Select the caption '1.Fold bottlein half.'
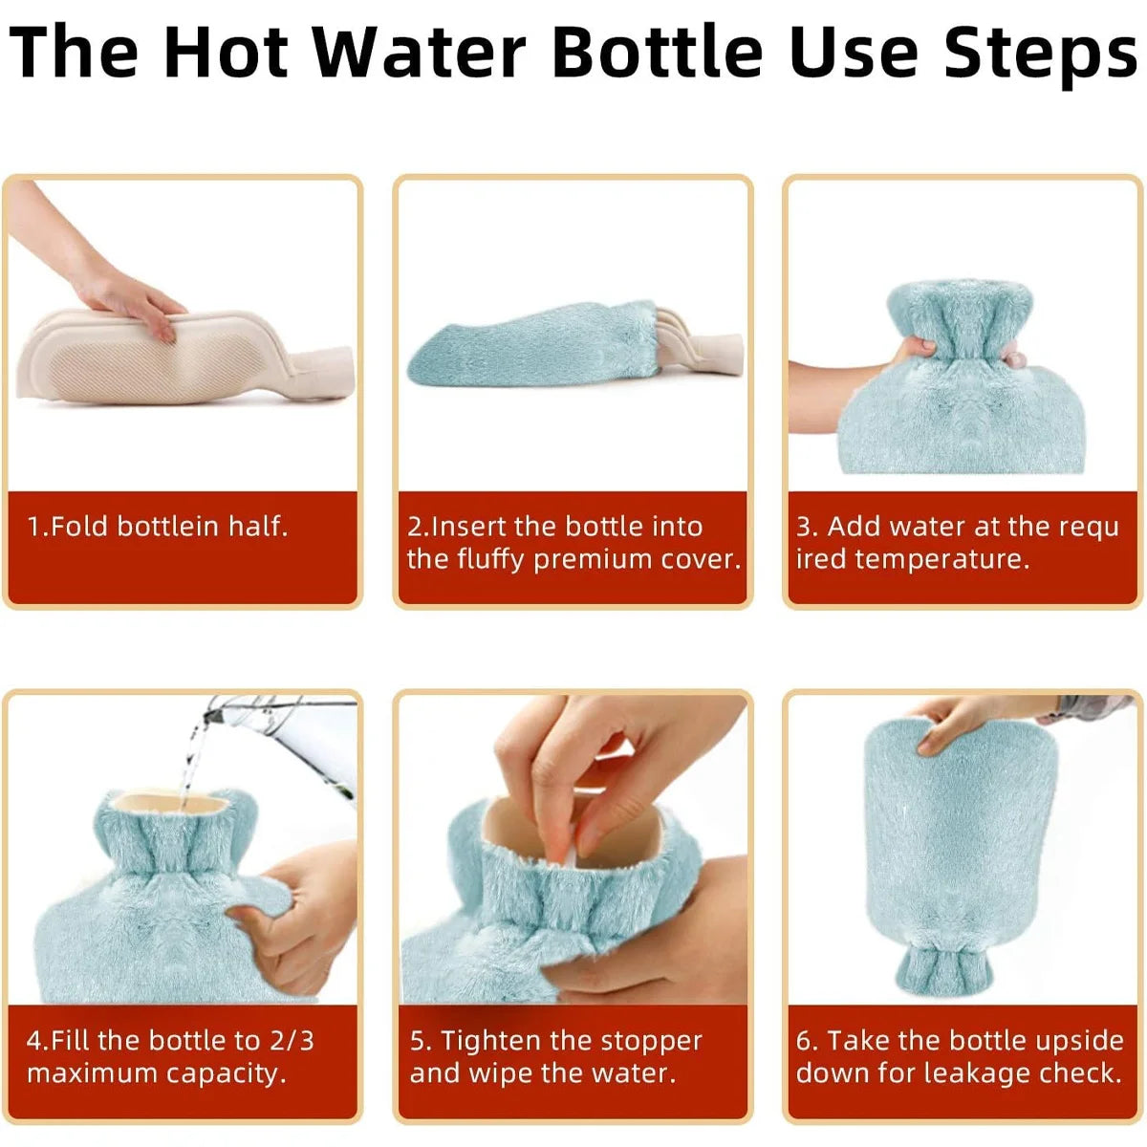point(158,527)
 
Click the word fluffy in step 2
point(491,559)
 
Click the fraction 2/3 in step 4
point(291,1040)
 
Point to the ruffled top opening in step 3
point(956,315)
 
